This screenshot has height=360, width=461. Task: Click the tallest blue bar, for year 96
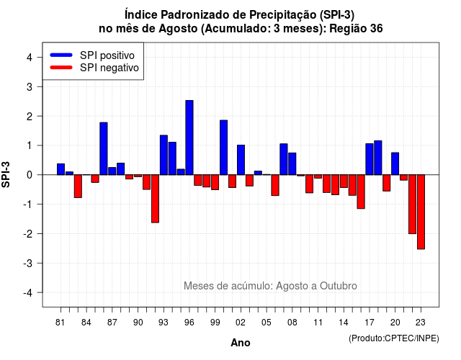coord(189,138)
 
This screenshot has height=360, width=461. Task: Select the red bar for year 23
coord(421,212)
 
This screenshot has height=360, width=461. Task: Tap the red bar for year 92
coord(155,199)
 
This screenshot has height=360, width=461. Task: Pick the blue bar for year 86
coord(104,149)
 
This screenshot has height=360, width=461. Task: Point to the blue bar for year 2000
coord(224,148)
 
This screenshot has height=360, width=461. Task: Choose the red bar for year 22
coord(413,204)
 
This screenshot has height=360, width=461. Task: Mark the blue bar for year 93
coord(164,156)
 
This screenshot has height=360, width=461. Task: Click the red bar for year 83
coord(78,186)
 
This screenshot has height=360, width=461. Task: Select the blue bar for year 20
coord(395,163)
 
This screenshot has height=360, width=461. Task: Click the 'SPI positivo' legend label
coord(107,55)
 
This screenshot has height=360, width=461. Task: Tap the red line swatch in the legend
coord(61,68)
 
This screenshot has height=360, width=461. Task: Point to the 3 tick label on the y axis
coord(30,86)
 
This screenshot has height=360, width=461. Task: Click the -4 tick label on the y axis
coord(28,293)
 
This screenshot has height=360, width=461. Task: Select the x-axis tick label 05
coord(266,323)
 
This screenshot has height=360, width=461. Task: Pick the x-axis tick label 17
coord(370,323)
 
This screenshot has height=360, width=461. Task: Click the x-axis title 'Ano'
coord(241,343)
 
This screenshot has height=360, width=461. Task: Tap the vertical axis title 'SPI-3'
coord(6,174)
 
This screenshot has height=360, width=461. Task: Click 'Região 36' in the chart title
coord(356,29)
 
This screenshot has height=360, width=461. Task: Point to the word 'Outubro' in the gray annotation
coord(339,286)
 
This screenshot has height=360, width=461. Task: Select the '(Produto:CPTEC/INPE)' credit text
coord(394,338)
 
